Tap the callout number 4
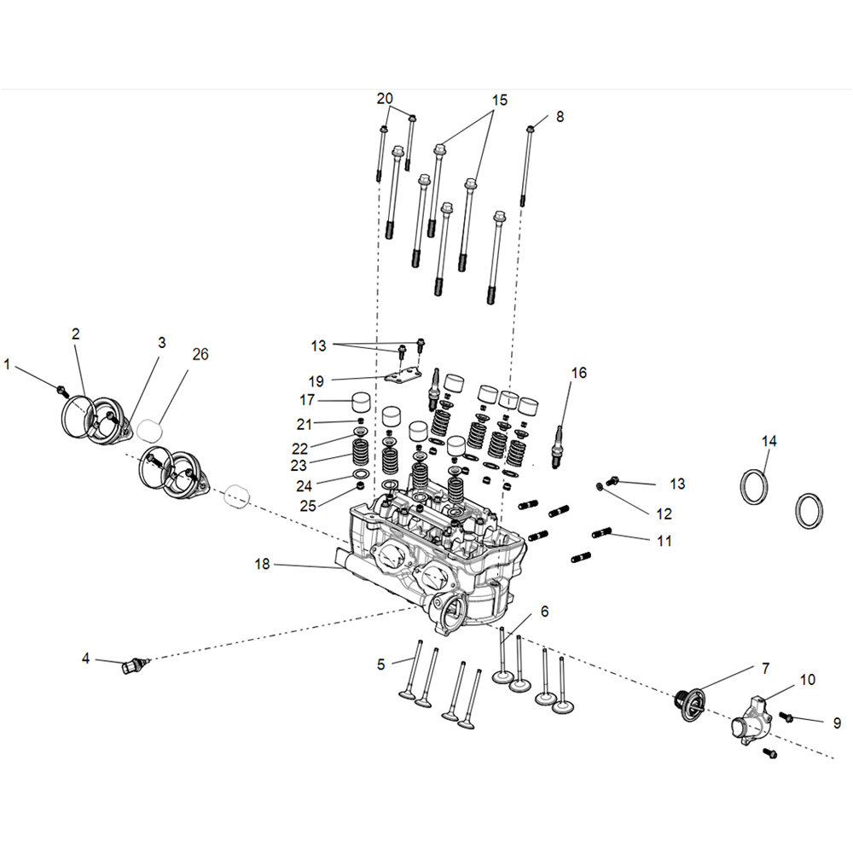[85, 658]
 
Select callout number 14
[769, 441]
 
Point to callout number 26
[200, 354]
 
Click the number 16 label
[579, 373]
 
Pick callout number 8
[560, 117]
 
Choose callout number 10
[808, 680]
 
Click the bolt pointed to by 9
[786, 719]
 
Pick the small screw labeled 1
[61, 390]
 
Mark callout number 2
[75, 334]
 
